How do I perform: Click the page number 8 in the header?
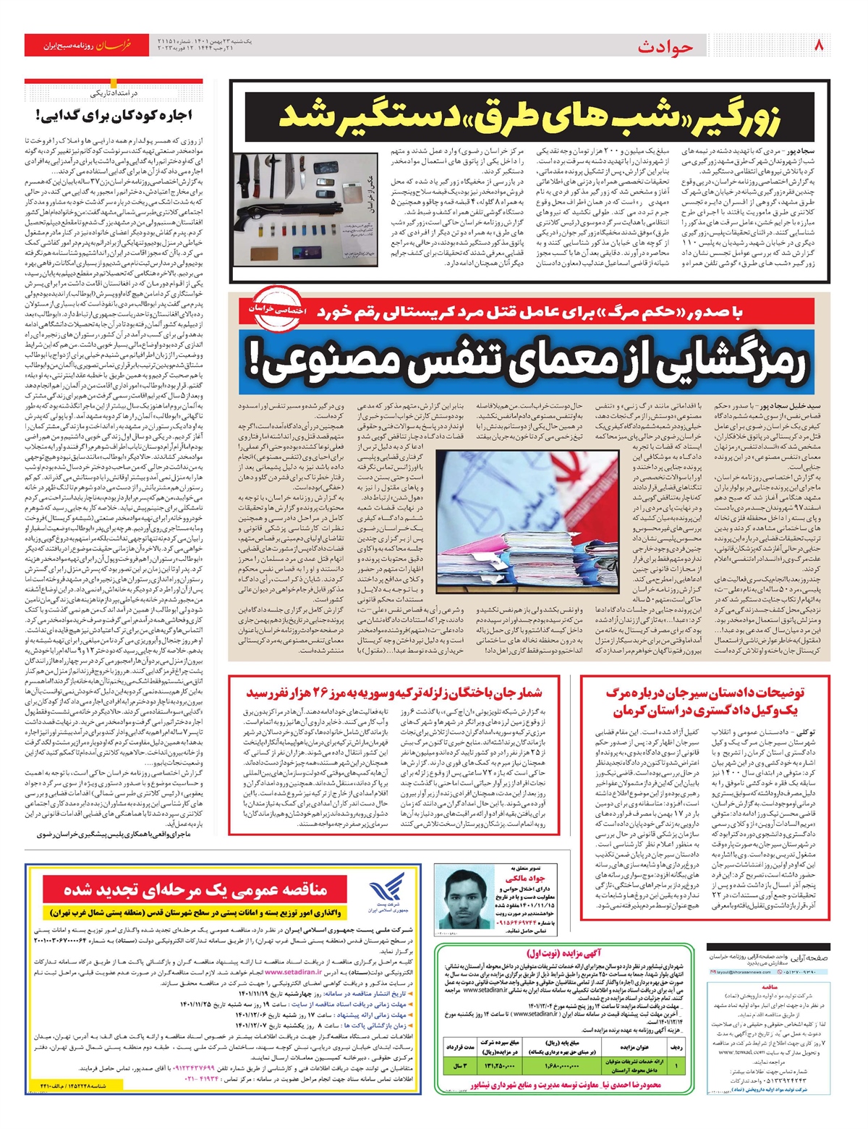pos(820,45)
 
